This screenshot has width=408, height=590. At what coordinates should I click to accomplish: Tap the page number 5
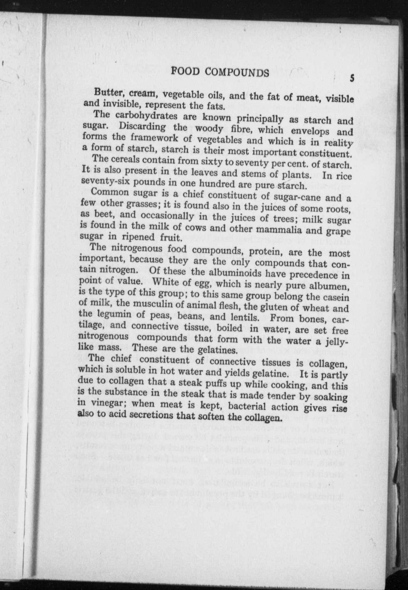(352, 78)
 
